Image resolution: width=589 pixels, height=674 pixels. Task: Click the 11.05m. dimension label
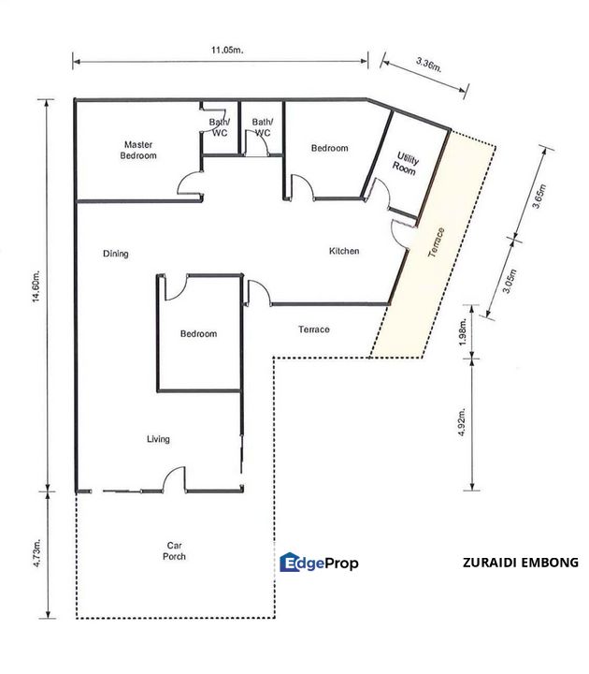tap(227, 50)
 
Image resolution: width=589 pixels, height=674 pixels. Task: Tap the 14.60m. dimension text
tap(36, 286)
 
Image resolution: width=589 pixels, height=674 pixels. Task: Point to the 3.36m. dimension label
tap(429, 65)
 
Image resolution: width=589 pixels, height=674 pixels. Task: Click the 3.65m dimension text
tap(539, 196)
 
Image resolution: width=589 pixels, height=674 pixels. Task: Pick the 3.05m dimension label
tap(510, 282)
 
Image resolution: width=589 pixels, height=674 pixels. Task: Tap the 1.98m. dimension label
tap(463, 332)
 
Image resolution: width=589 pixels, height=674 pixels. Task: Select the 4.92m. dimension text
tap(462, 422)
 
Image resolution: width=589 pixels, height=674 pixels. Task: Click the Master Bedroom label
tap(138, 150)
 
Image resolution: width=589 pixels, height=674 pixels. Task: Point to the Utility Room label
tap(405, 163)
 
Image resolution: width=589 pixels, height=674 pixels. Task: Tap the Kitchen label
tap(344, 251)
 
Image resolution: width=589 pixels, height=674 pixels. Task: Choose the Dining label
tap(116, 254)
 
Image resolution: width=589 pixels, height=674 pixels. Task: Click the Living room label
tap(158, 439)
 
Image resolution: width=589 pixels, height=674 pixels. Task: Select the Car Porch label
tap(174, 551)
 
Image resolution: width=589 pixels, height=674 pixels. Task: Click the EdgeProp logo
tap(319, 563)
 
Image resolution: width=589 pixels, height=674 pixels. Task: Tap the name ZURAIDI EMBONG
tap(521, 563)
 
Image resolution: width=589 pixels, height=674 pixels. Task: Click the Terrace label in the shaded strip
tap(437, 242)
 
